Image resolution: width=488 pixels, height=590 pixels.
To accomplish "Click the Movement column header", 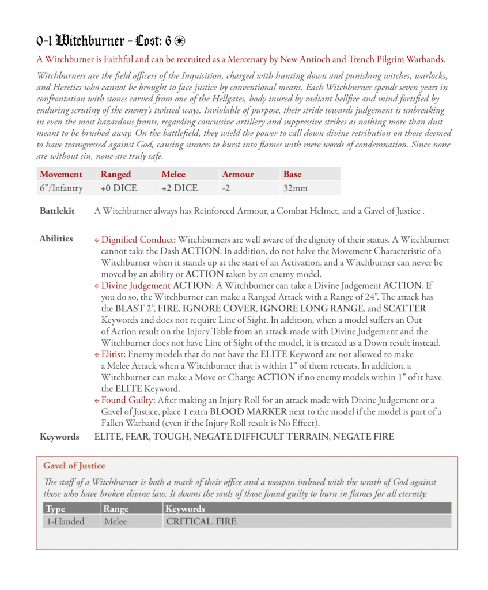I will (60, 174).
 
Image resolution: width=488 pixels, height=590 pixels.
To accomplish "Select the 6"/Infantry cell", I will (61, 188).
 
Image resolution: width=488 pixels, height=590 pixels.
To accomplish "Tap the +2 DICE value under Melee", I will (180, 188).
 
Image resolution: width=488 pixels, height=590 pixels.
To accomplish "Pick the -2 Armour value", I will (227, 188).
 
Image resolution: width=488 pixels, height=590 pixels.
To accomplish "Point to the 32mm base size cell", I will (296, 188).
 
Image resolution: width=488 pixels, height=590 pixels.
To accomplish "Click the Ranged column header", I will (116, 174).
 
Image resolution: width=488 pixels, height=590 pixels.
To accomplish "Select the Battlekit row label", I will (57, 211).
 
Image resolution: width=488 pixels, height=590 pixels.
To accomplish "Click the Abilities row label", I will (56, 239).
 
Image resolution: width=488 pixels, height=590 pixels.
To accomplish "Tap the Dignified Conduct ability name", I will (138, 240).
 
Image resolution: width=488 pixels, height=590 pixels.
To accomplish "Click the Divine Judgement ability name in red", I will (135, 286).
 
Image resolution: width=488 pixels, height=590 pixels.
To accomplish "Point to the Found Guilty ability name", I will (124, 400).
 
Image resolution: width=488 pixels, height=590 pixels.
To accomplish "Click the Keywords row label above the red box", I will (59, 437).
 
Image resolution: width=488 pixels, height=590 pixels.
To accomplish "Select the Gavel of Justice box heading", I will (74, 466).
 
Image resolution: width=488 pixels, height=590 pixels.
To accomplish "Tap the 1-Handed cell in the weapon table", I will (65, 521).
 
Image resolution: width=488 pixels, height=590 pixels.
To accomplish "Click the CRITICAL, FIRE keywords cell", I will (201, 521).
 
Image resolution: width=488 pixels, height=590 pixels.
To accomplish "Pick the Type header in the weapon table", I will (56, 509).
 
